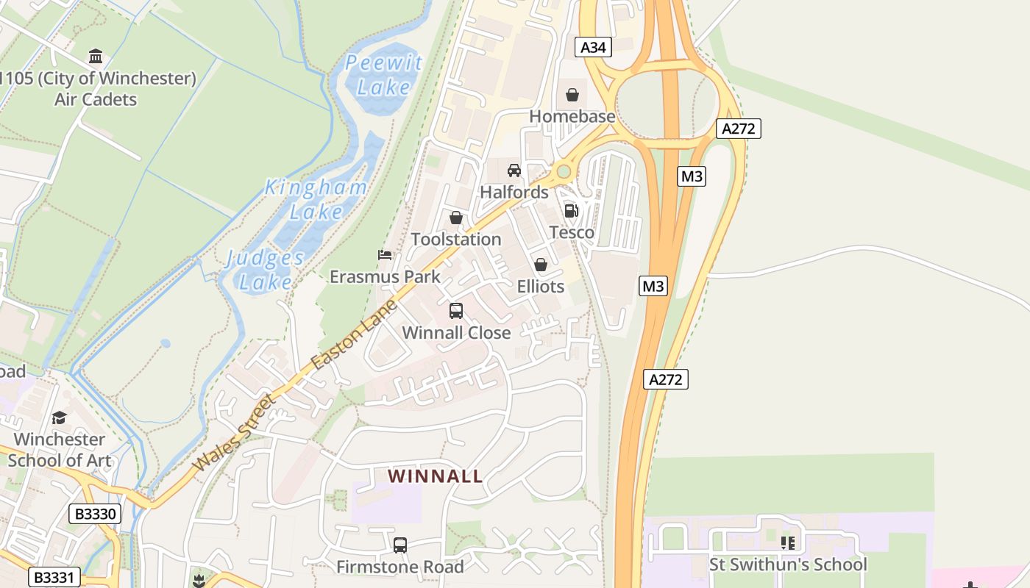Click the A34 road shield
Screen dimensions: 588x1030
[593, 48]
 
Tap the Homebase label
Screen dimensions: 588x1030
[572, 117]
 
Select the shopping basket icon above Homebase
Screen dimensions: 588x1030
[572, 95]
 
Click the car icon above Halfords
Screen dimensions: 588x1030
[514, 171]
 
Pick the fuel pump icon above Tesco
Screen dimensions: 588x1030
[571, 211]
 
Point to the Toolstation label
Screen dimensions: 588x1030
[456, 240]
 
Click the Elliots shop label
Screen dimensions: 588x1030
[541, 287]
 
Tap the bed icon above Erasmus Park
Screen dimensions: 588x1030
[385, 255]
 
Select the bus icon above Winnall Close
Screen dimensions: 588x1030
[456, 311]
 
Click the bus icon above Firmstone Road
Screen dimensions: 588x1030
[400, 545]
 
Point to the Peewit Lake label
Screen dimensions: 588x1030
[384, 75]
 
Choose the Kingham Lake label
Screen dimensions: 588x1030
[316, 199]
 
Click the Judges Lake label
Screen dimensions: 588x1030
[265, 269]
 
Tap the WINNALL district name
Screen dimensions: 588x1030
[436, 476]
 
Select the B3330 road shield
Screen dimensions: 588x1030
[96, 514]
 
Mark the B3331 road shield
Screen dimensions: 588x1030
[54, 577]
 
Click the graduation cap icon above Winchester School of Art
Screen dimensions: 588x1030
[59, 417]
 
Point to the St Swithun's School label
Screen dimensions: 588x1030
[788, 564]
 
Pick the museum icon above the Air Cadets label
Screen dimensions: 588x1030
[96, 57]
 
